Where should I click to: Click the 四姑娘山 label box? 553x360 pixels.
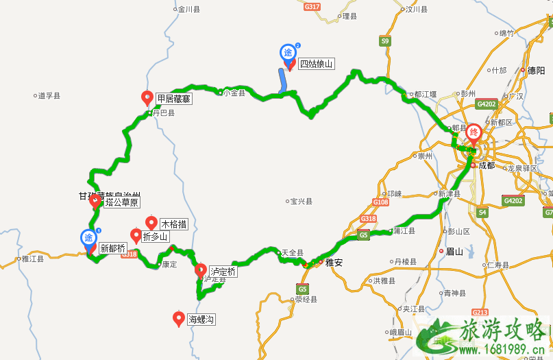tap(317, 64)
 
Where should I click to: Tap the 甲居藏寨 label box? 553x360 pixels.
tap(173, 99)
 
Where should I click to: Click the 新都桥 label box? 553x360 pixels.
tap(112, 248)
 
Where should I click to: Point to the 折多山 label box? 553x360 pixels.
tap(154, 237)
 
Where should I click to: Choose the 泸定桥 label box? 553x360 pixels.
tap(222, 272)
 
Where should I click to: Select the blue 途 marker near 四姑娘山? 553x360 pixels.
tap(288, 53)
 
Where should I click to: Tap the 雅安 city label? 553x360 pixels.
tap(334, 261)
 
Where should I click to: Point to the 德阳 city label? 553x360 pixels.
tap(536, 70)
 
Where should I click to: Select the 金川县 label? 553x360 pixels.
tap(188, 10)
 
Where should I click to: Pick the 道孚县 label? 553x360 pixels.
tap(49, 96)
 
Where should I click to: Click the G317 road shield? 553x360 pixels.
tap(312, 6)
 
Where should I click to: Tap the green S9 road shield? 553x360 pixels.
tap(385, 41)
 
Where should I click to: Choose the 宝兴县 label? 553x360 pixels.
tap(301, 202)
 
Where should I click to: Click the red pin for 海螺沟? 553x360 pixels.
tap(179, 317)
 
